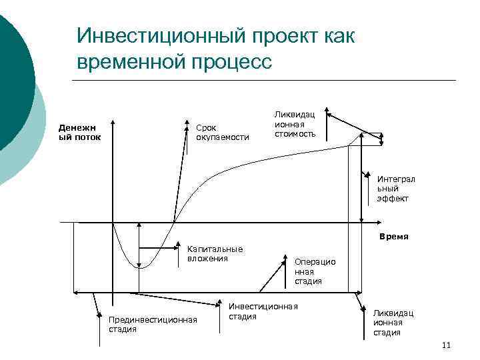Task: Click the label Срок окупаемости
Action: click(x=222, y=132)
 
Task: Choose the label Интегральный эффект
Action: click(x=396, y=189)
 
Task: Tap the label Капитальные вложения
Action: click(x=215, y=253)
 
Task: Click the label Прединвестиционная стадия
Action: click(x=153, y=324)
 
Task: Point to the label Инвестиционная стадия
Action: click(x=263, y=310)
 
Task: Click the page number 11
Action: click(x=446, y=345)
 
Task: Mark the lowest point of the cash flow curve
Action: click(x=139, y=267)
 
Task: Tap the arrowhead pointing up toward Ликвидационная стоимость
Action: click(x=330, y=117)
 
